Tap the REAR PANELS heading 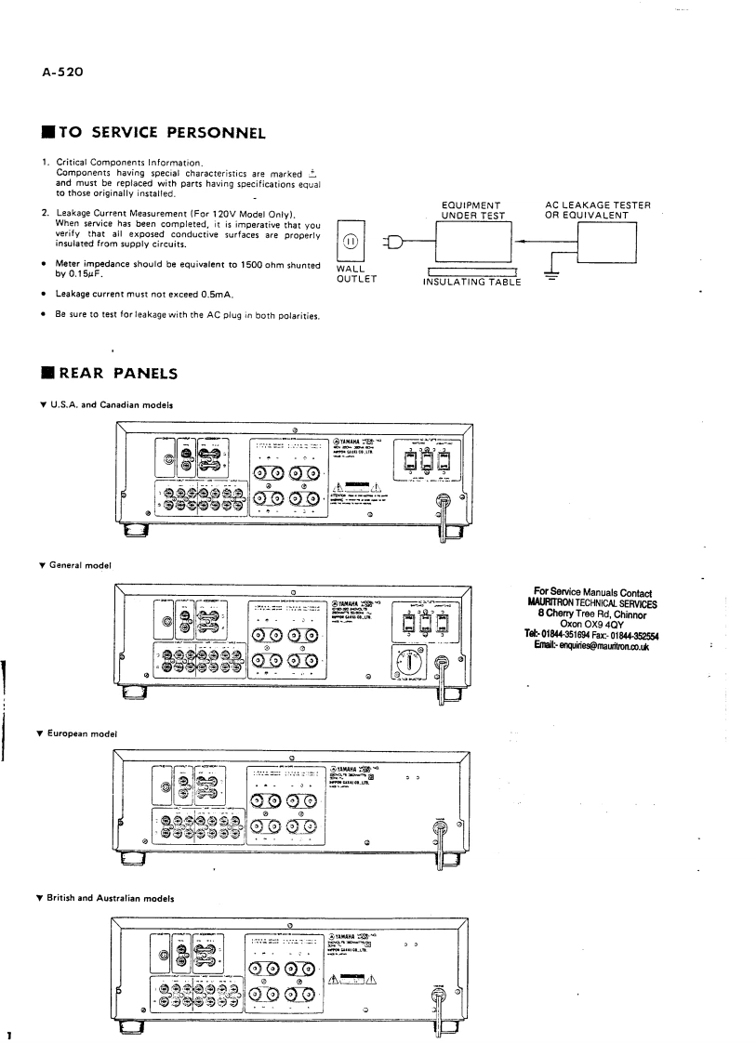pos(126,374)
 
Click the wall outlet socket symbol pos(351,243)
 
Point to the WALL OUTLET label pos(350,275)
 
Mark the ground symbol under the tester pos(553,274)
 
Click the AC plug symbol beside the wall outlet pos(394,244)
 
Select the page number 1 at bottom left pos(7,1033)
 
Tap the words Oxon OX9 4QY pos(592,625)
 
